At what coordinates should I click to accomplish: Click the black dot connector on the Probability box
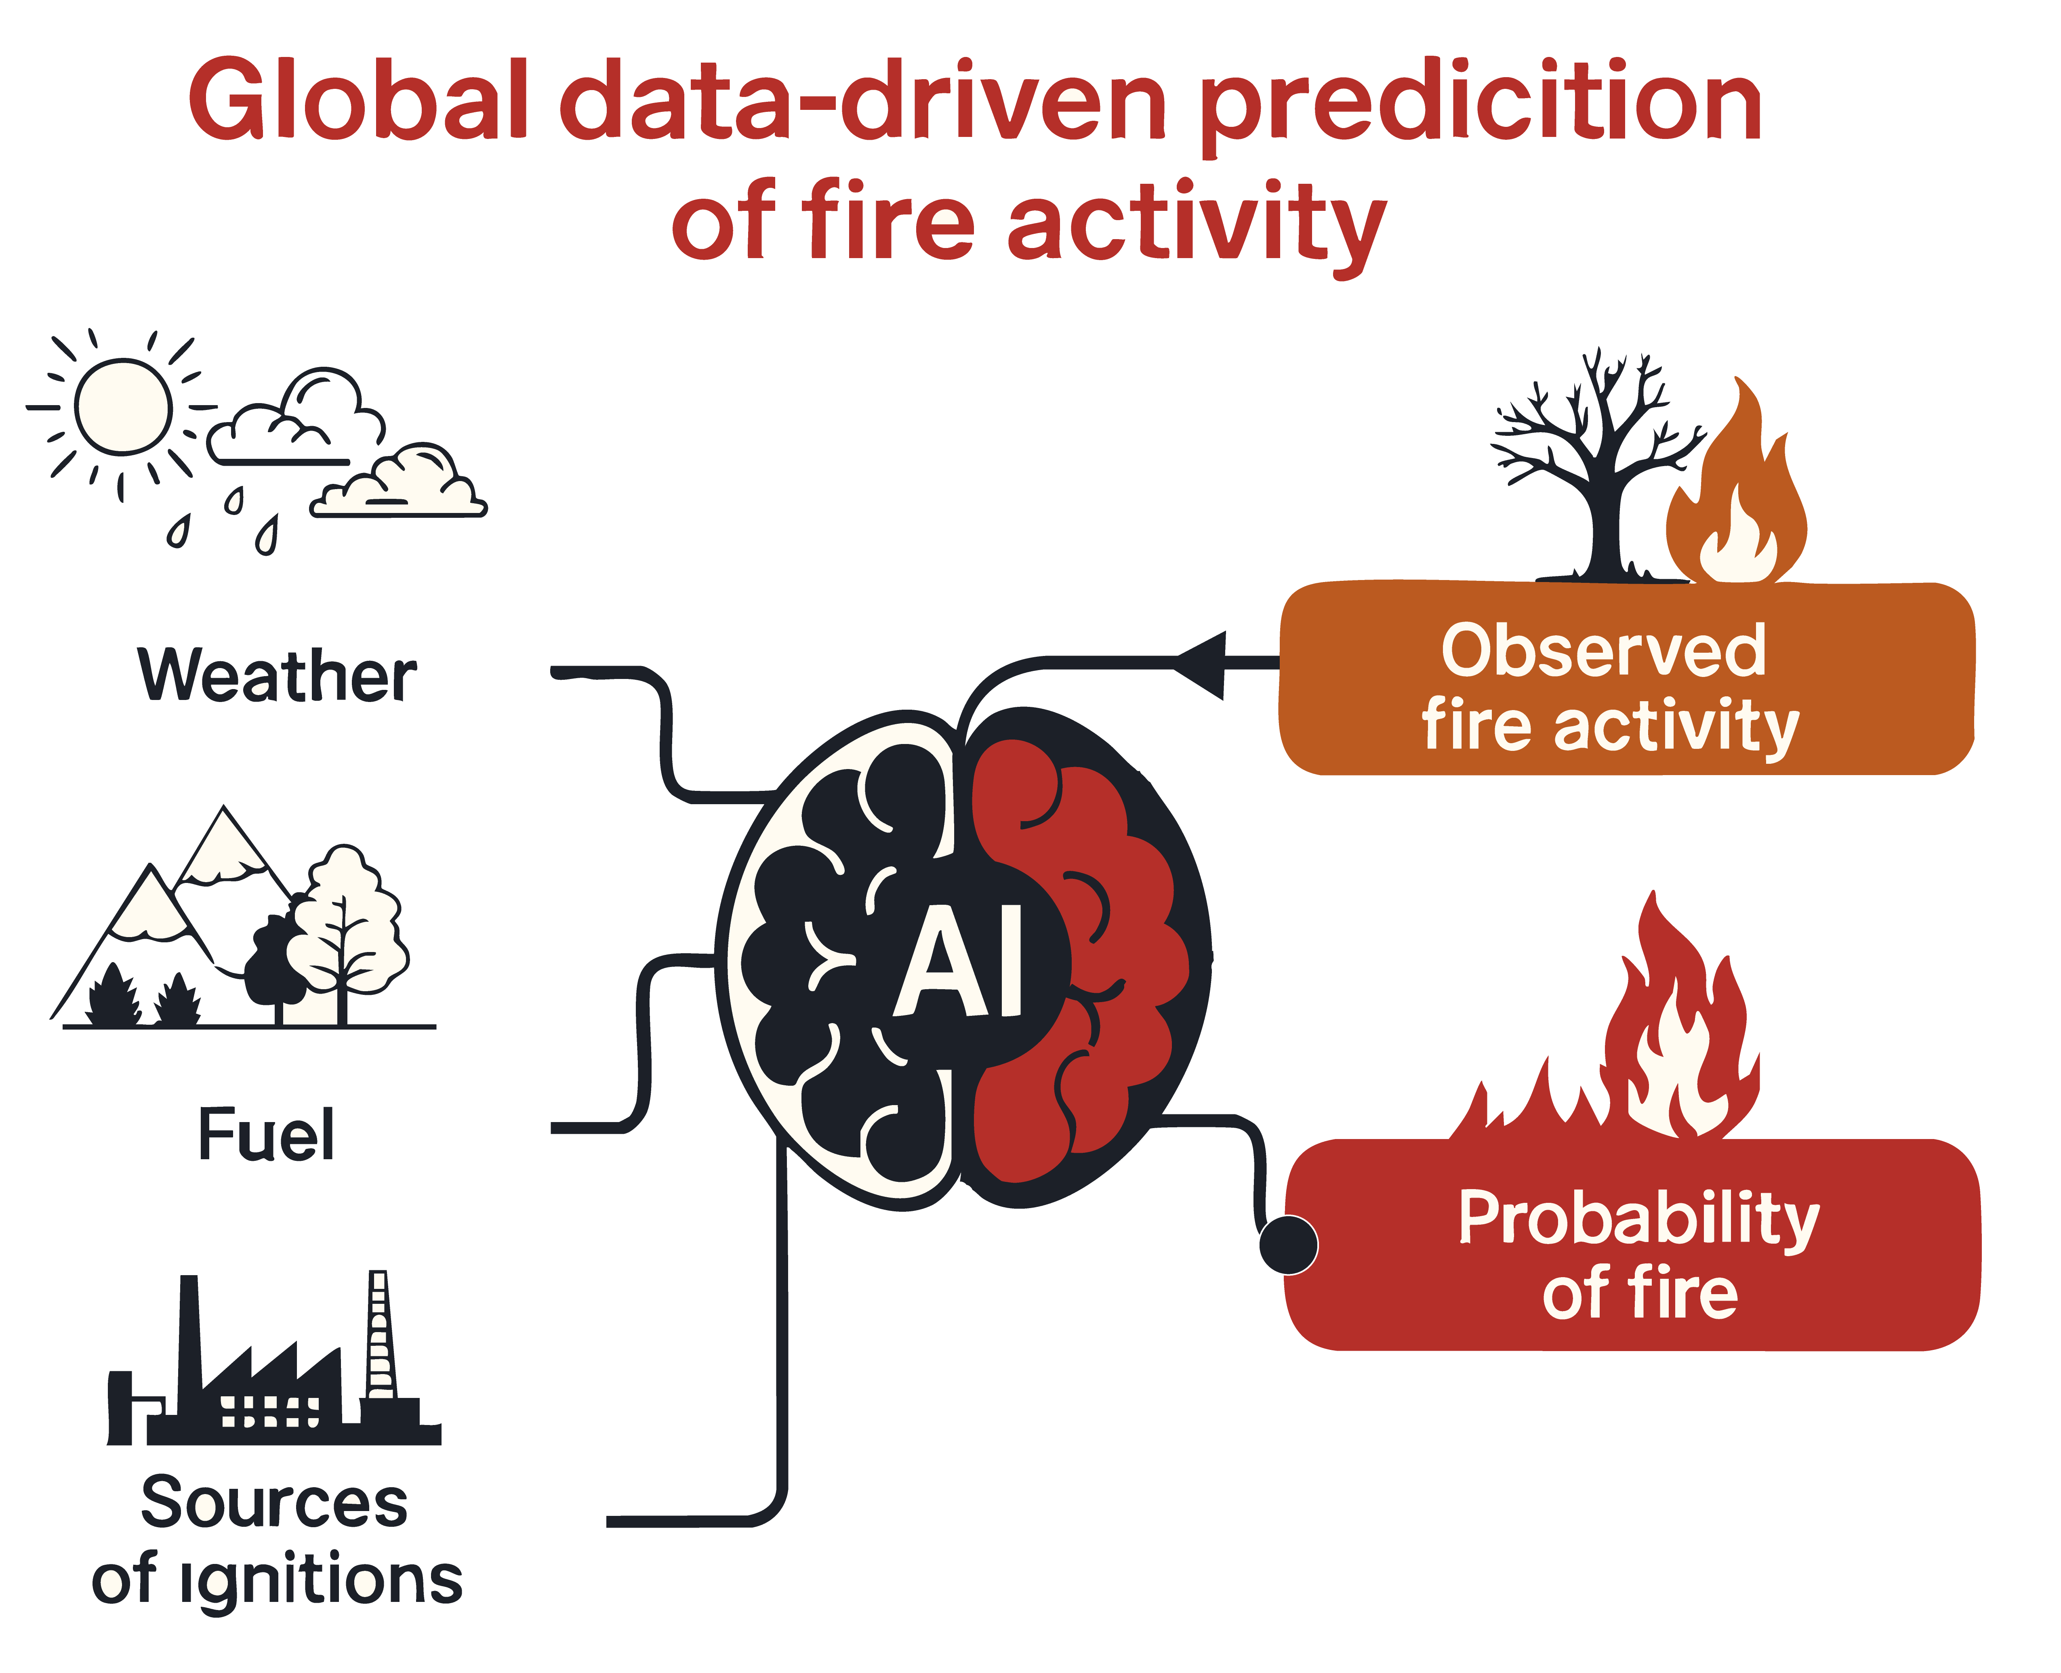(1288, 1244)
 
